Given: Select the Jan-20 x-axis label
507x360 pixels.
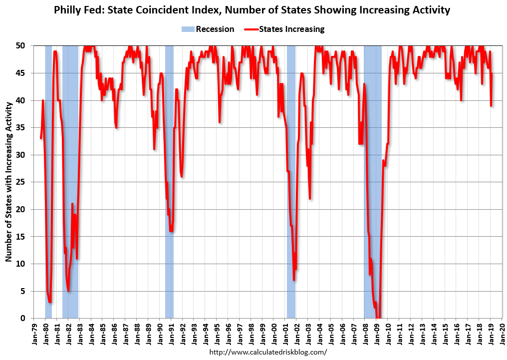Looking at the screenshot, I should (x=502, y=334).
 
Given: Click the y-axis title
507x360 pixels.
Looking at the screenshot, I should (x=9, y=182).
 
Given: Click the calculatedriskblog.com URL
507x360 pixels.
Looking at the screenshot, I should (x=268, y=352).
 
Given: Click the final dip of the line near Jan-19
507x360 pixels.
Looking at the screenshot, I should (x=491, y=105).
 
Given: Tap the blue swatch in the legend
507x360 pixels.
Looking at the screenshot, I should (x=187, y=29).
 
